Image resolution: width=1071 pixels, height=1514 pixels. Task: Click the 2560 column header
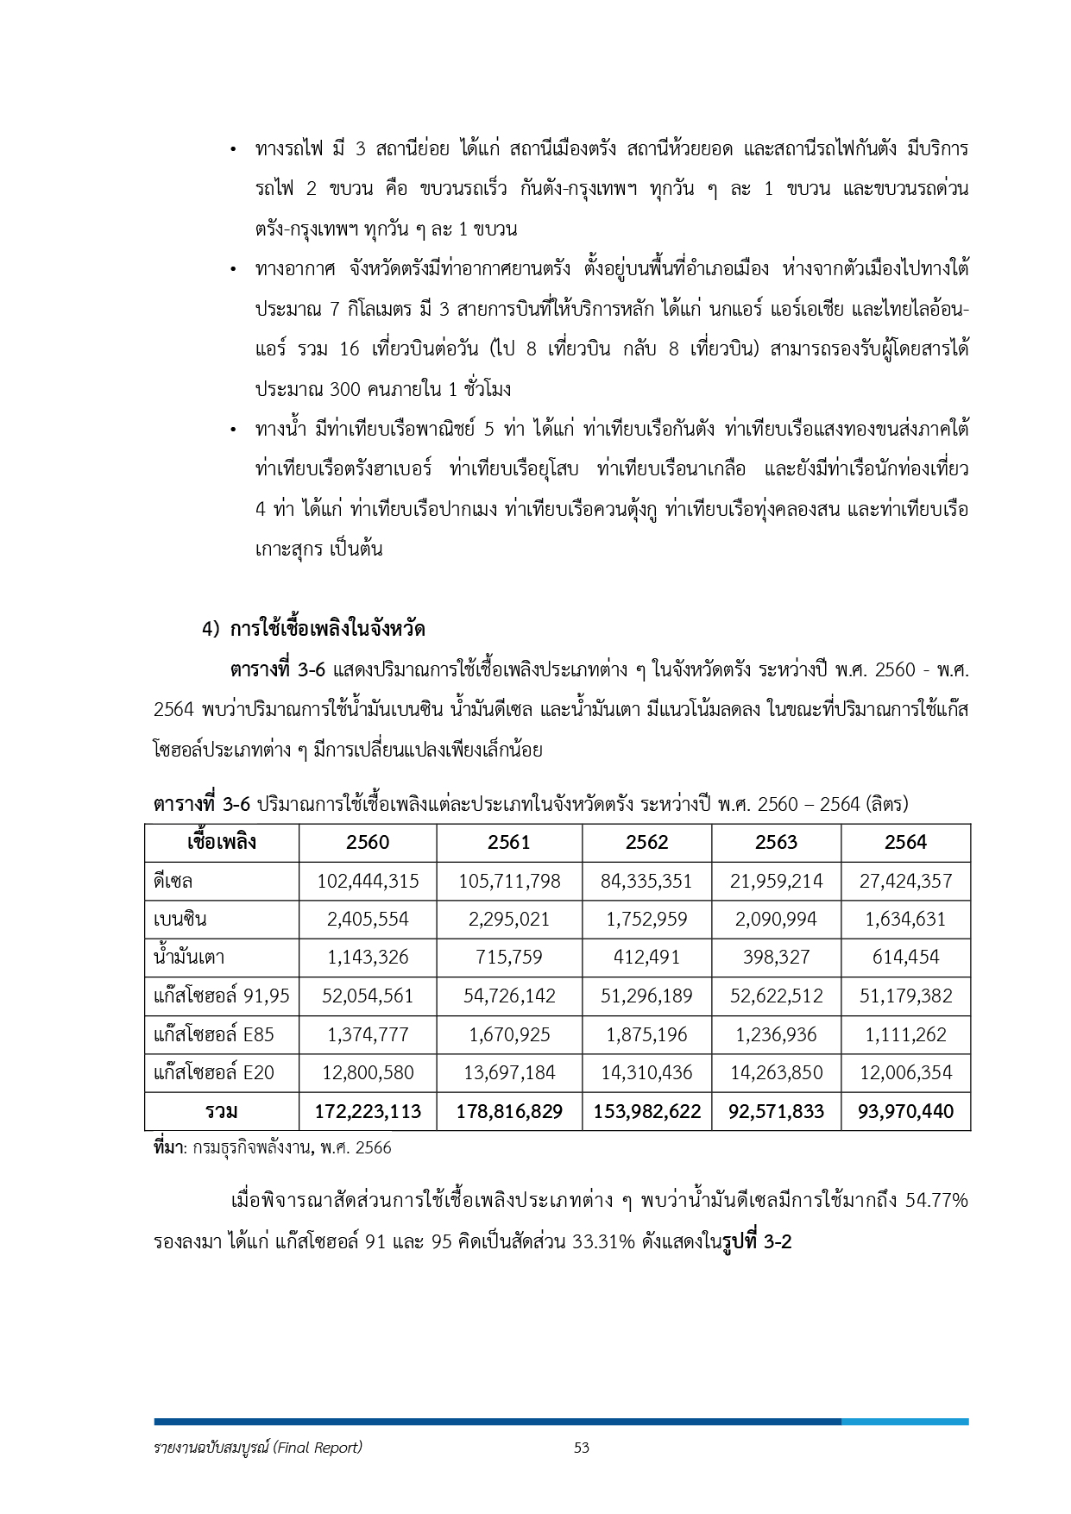(368, 842)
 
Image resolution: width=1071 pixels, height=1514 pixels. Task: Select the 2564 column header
(905, 842)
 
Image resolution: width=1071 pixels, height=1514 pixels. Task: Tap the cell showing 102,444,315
(368, 881)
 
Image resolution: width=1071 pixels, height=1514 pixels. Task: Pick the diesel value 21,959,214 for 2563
(776, 881)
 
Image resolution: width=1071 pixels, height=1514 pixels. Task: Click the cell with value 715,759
(509, 957)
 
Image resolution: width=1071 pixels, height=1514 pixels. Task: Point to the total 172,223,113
(368, 1111)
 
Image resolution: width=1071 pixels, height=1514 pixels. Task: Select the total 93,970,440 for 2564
(905, 1111)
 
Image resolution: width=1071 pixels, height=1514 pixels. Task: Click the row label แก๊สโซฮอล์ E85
(213, 1034)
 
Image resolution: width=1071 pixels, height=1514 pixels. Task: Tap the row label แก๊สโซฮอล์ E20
(213, 1072)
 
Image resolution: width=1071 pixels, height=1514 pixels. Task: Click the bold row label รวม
(221, 1111)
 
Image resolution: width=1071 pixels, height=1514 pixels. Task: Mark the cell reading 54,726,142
(509, 996)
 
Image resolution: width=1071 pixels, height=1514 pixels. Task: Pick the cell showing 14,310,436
(646, 1072)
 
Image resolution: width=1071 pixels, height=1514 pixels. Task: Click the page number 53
(581, 1448)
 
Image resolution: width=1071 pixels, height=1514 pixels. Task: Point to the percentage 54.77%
(936, 1200)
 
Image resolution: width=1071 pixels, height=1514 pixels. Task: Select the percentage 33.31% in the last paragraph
(603, 1242)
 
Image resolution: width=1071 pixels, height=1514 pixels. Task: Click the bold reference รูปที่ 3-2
(757, 1242)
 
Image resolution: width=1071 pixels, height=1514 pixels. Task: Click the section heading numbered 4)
(314, 629)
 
